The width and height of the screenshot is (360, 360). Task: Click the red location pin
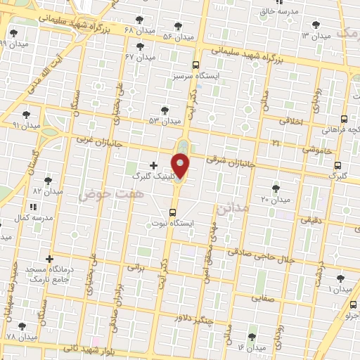(x=181, y=166)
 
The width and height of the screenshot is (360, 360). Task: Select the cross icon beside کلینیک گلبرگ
(x=154, y=165)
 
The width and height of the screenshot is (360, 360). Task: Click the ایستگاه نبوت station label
(x=173, y=223)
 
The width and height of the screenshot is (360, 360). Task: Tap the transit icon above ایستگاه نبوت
(x=173, y=212)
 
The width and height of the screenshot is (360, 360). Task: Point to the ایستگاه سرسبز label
(x=200, y=74)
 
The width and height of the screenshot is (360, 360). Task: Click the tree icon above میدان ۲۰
(x=275, y=188)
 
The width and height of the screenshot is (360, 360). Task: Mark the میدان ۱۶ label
(x=251, y=347)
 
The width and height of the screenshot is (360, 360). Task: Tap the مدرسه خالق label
(x=275, y=11)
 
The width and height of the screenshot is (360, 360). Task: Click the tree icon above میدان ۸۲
(x=48, y=180)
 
